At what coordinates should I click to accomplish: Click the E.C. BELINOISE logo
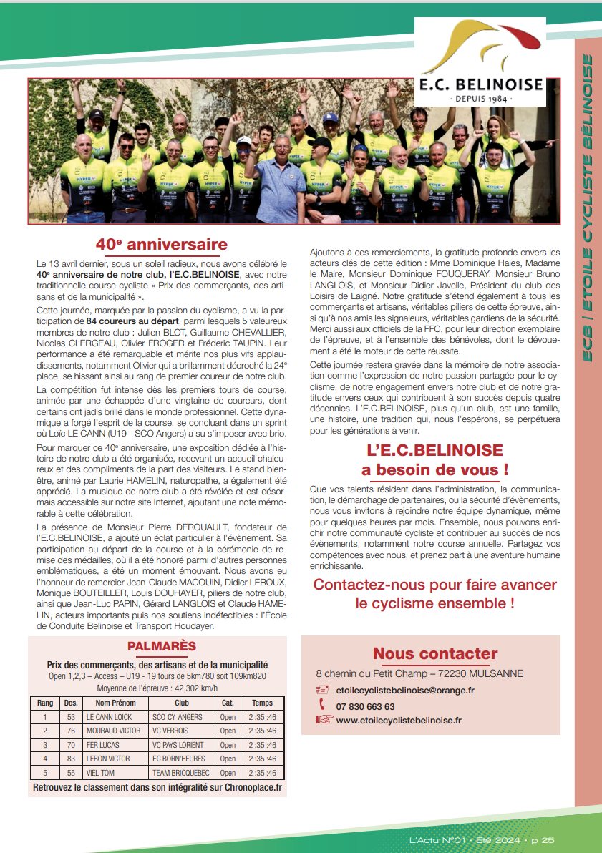click(x=480, y=62)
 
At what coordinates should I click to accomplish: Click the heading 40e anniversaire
click(x=162, y=245)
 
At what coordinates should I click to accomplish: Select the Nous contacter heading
click(x=434, y=653)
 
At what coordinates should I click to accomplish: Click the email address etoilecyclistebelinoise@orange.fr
click(x=404, y=691)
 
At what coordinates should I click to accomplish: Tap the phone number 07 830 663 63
click(x=365, y=706)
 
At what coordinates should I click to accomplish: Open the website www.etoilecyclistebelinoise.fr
click(x=399, y=721)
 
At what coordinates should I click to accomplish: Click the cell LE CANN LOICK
click(x=109, y=717)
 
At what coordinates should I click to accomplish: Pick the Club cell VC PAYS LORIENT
click(x=178, y=745)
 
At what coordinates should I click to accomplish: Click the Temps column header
click(x=262, y=703)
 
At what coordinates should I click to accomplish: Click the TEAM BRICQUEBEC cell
click(x=178, y=773)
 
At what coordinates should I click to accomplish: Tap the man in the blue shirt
click(x=280, y=182)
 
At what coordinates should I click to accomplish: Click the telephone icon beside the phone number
click(x=322, y=706)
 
